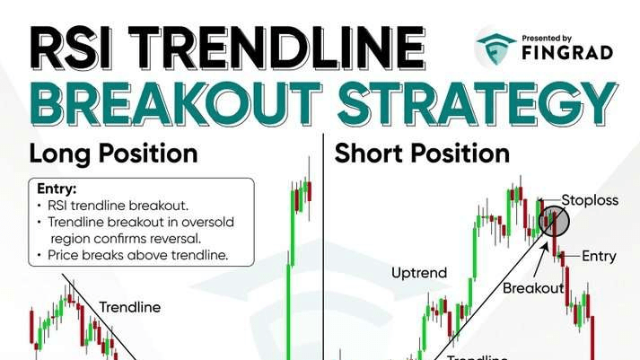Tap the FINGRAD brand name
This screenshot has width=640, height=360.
[567, 53]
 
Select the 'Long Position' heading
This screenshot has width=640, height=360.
[113, 154]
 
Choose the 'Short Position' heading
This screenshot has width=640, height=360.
[422, 154]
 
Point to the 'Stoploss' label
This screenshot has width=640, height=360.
[590, 200]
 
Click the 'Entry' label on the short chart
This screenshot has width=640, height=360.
[599, 257]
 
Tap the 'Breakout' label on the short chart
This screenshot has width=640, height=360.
[532, 288]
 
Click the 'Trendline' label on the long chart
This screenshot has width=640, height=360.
[130, 307]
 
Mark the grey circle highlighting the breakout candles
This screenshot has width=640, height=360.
[554, 221]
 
